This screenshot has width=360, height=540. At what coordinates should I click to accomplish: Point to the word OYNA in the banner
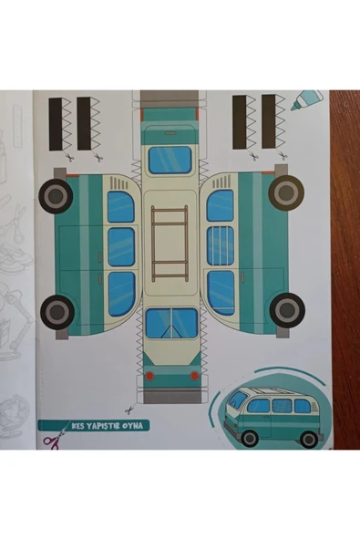coord(136,425)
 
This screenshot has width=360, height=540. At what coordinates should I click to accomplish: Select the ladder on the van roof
coord(170,242)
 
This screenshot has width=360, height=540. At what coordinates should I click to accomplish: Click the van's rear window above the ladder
coord(170,160)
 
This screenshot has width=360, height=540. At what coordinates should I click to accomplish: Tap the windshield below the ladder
coord(170,323)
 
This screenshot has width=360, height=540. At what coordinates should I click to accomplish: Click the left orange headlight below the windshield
coord(149,375)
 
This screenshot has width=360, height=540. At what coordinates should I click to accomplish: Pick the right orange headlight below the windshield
coord(193,375)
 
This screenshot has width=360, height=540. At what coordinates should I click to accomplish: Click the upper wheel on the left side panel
coord(56,195)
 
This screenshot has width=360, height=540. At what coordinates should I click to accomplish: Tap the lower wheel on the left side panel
coord(57,311)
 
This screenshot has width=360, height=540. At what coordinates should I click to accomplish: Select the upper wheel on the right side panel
coord(285,192)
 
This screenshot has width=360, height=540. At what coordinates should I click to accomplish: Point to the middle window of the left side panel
coord(121,246)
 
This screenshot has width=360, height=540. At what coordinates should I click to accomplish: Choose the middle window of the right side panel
coord(220,245)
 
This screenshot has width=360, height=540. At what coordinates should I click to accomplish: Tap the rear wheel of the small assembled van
coord(309,438)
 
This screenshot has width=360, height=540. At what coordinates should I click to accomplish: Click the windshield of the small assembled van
coord(237,400)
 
